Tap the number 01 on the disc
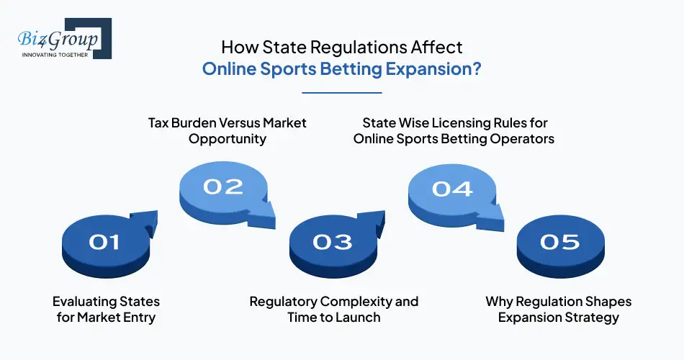(104, 243)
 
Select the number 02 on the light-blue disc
(223, 186)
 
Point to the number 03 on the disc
(333, 243)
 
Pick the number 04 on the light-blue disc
(452, 189)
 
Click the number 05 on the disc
(560, 242)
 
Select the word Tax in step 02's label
(159, 122)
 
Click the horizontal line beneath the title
(341, 92)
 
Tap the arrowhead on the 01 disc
(147, 220)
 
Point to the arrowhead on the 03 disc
(374, 220)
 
